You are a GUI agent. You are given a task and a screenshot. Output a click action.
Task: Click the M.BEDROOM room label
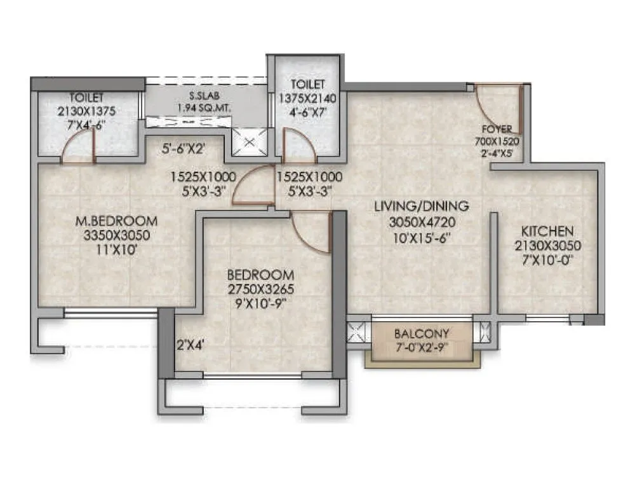click(116, 221)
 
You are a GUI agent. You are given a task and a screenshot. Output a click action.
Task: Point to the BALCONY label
click(422, 333)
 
